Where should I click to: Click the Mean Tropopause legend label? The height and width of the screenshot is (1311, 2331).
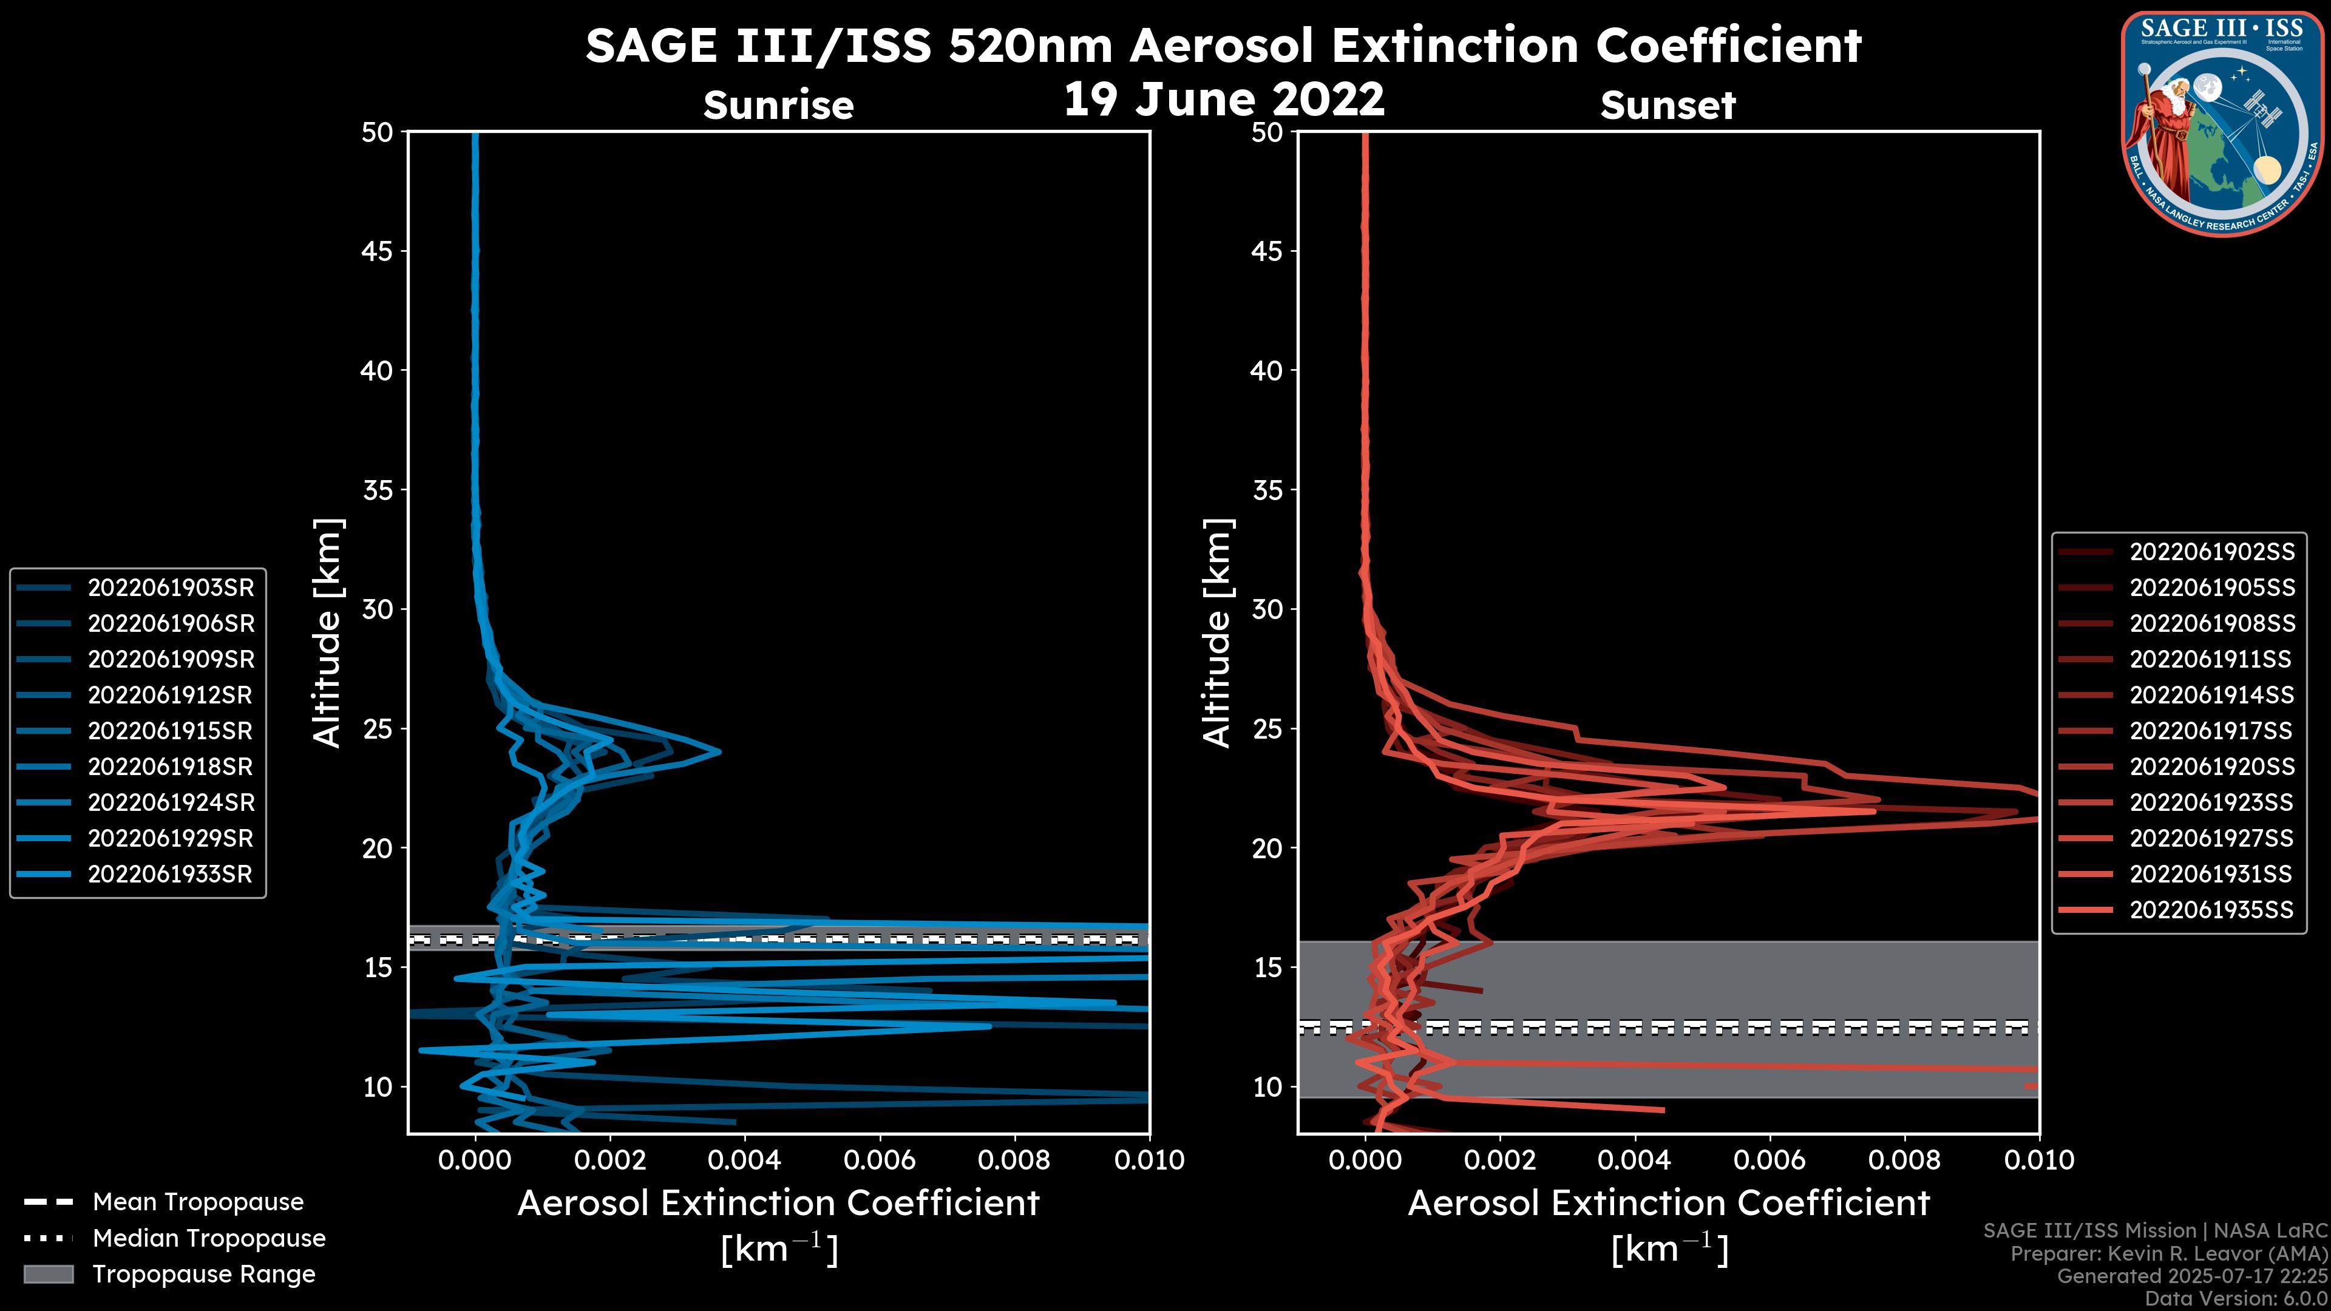[198, 1202]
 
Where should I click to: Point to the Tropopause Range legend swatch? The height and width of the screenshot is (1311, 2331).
[48, 1274]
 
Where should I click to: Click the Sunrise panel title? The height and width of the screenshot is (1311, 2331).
[778, 105]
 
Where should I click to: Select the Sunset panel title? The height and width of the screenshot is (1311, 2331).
[1668, 105]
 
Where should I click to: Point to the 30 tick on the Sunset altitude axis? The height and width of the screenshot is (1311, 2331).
[1267, 609]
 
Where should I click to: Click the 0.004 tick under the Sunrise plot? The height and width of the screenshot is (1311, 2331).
[745, 1160]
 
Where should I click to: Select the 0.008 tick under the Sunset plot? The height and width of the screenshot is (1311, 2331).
[1905, 1160]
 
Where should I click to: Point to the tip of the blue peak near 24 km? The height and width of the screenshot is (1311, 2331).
[721, 751]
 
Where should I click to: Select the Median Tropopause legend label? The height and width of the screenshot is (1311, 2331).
[209, 1238]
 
